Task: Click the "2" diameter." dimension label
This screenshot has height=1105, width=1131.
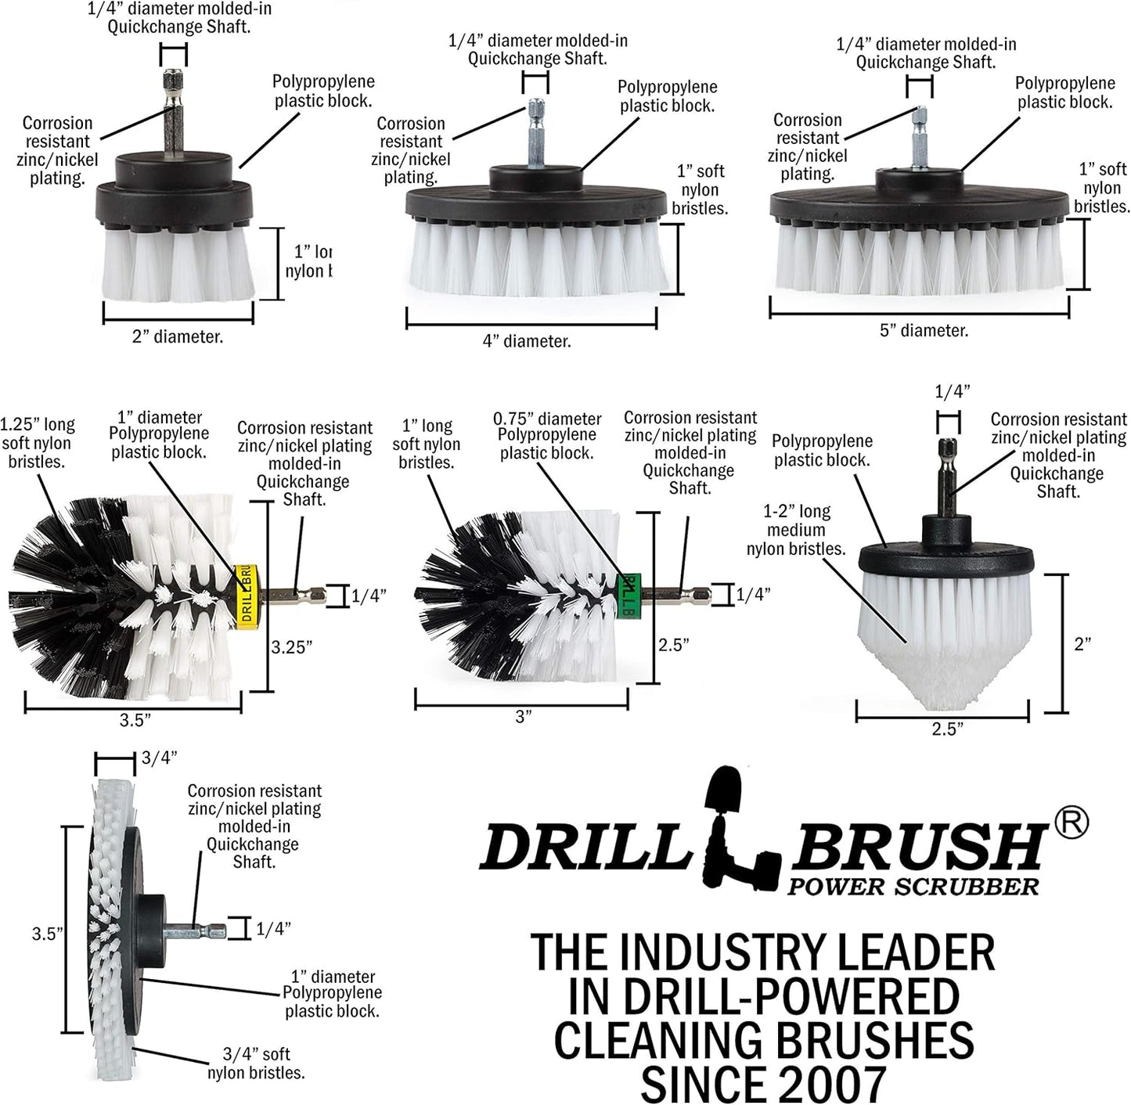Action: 177,337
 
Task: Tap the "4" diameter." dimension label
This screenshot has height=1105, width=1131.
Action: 526,341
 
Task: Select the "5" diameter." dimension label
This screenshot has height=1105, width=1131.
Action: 924,331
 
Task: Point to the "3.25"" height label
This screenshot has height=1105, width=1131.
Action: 292,647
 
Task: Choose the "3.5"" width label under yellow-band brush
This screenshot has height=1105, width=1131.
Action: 135,720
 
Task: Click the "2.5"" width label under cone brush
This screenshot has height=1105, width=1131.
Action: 947,729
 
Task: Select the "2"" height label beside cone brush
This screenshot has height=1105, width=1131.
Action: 1082,644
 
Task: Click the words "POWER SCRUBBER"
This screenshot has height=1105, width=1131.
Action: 913,887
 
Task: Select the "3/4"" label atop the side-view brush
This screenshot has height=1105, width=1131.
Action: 160,758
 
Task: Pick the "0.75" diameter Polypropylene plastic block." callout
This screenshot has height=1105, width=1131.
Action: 546,436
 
